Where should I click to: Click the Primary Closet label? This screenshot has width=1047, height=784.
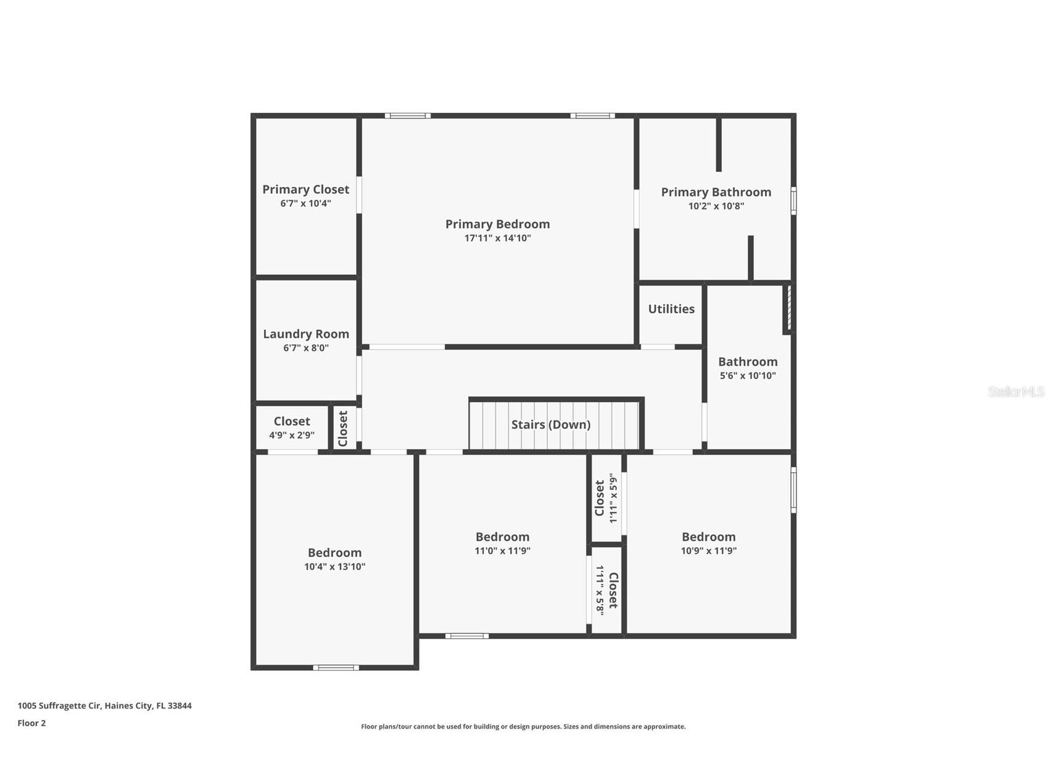[x=305, y=190]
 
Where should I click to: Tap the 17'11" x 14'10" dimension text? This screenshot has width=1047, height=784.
[x=497, y=239]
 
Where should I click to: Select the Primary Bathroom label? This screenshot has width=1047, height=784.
[x=716, y=192]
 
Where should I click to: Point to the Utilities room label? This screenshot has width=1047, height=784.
[x=671, y=309]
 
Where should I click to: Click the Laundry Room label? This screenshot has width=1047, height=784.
[x=305, y=334]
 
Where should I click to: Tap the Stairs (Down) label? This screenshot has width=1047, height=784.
[x=550, y=425]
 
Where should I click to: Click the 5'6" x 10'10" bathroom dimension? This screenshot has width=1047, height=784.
[x=747, y=376]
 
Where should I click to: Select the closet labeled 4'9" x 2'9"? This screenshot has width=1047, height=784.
[x=291, y=435]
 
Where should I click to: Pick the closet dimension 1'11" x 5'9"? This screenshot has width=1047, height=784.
[x=613, y=498]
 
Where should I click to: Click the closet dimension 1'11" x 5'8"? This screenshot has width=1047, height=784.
[x=599, y=590]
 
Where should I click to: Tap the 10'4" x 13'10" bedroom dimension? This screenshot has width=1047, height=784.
[x=334, y=567]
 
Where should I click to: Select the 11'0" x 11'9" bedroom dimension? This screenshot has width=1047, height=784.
[x=502, y=551]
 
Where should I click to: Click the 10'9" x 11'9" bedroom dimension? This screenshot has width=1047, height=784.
[x=708, y=551]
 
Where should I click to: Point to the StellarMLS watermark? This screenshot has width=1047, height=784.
[x=1016, y=391]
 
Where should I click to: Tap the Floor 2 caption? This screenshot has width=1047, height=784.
[x=31, y=723]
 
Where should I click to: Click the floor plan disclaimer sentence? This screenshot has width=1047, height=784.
[x=523, y=727]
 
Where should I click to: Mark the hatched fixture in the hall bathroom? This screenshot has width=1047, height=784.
[x=788, y=308]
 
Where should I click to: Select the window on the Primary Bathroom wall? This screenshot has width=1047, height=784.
[x=793, y=201]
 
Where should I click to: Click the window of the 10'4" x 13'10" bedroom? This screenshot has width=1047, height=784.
[x=336, y=668]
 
